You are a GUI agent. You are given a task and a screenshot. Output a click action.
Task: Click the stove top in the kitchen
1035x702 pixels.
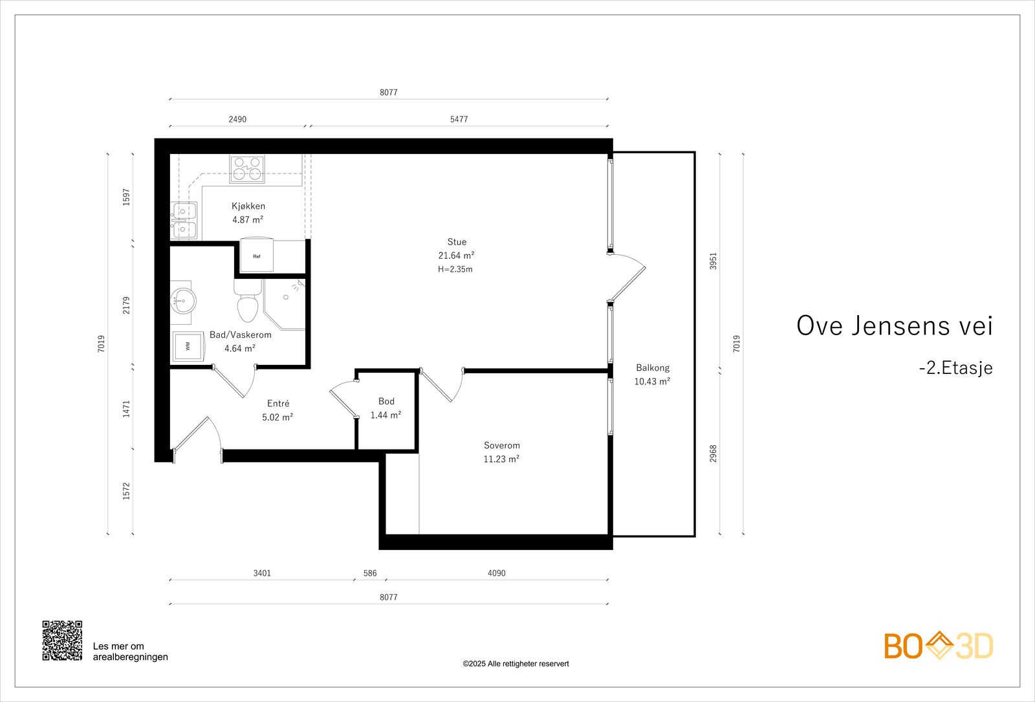[247, 169]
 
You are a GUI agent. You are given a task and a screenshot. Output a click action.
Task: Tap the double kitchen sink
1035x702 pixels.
[184, 221]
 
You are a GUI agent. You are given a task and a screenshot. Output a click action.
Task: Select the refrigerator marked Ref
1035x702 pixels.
[256, 255]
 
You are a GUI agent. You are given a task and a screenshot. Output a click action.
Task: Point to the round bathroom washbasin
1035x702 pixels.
[184, 302]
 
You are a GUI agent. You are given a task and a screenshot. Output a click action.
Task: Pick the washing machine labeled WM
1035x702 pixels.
[188, 346]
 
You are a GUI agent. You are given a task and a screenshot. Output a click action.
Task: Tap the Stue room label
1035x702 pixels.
[457, 242]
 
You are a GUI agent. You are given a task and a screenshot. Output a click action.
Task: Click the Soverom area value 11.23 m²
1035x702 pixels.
[501, 459]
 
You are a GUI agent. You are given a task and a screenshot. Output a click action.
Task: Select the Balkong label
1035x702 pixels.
[653, 368]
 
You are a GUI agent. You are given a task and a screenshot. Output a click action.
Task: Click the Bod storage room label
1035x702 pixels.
[386, 401]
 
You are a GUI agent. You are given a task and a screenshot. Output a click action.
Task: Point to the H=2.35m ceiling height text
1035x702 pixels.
[455, 269]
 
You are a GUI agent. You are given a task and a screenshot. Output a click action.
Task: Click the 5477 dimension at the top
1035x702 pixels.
[459, 119]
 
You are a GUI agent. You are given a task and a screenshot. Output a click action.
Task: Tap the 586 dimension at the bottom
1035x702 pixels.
[369, 573]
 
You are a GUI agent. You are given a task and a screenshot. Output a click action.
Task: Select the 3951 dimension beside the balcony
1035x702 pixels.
[713, 261]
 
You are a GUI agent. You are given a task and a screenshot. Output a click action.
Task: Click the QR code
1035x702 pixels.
[62, 641]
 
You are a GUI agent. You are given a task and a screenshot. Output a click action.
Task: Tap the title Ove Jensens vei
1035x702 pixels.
[895, 325]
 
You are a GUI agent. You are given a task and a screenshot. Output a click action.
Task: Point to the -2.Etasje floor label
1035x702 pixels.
[955, 368]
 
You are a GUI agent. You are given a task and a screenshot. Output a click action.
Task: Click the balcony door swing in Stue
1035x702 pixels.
[627, 278]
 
